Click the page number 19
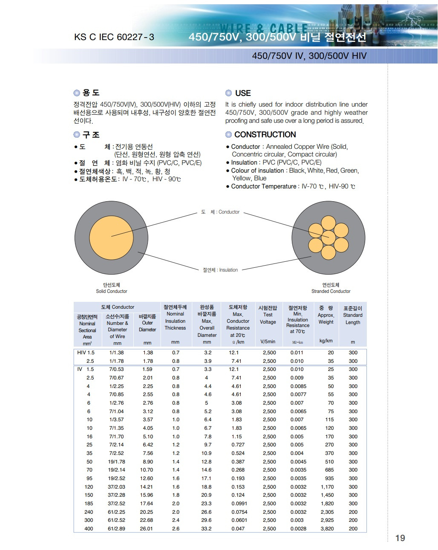(400, 538)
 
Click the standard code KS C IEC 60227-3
(114, 37)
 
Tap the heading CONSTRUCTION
(265, 135)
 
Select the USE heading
(243, 93)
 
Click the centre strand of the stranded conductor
(328, 237)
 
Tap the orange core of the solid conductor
(112, 237)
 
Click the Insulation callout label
(220, 270)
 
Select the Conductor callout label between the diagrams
(221, 212)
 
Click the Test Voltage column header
(268, 315)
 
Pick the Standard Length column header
(353, 315)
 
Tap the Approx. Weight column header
(326, 315)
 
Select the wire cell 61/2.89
(116, 529)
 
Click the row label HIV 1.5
(86, 353)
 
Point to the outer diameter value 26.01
(147, 529)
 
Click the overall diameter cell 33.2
(207, 529)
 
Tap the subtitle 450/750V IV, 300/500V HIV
(309, 56)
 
